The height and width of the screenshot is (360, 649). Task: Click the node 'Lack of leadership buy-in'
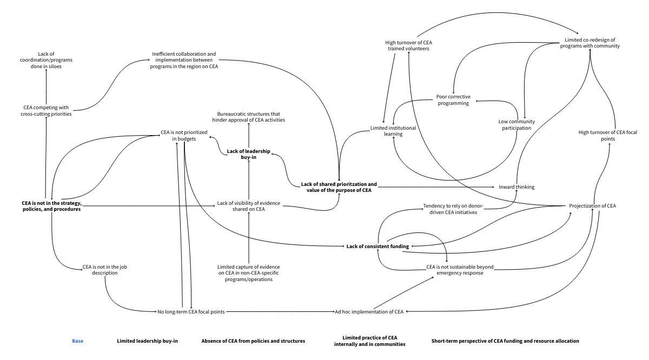coord(248,155)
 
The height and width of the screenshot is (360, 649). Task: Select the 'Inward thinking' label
coord(516,187)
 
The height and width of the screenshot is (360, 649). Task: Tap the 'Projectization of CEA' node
coord(592,206)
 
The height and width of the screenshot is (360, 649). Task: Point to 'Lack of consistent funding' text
coord(378,246)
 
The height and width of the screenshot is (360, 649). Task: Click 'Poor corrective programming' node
coord(453,100)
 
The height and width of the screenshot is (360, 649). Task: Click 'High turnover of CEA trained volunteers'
coord(408,45)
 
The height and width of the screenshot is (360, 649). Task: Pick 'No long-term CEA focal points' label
coord(191,312)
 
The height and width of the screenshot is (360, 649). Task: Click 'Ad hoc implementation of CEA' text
coord(369,312)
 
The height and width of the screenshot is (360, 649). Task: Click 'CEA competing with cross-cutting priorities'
coord(48,111)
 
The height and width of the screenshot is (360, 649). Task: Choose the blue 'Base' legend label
coord(78,341)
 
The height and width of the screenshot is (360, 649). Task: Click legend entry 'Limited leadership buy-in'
coord(148,341)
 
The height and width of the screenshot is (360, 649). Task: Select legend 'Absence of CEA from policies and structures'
coord(253,341)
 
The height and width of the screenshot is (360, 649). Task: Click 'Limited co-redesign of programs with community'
coord(589,43)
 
